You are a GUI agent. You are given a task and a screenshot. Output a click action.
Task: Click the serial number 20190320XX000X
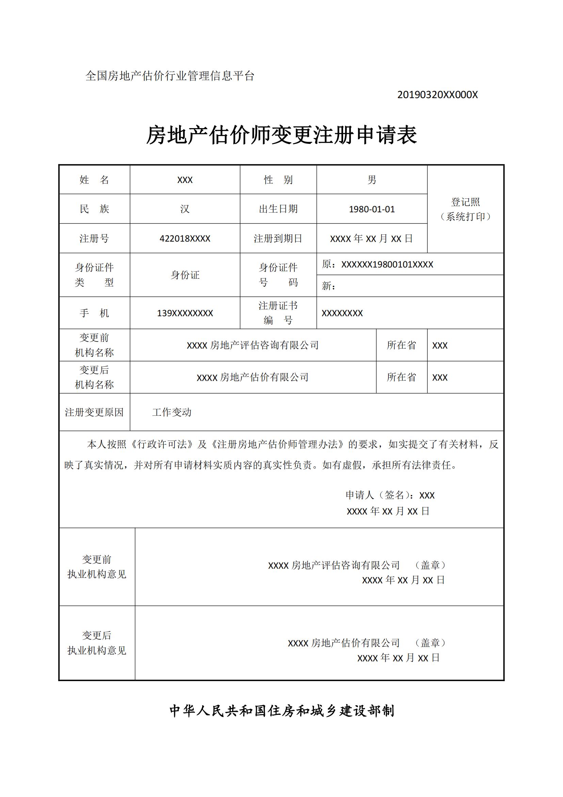[437, 95]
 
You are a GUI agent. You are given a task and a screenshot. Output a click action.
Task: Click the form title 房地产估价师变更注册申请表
[281, 135]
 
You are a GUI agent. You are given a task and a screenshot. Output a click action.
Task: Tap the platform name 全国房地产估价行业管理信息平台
[170, 76]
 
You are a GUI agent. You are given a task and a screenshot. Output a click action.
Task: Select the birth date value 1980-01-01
[372, 209]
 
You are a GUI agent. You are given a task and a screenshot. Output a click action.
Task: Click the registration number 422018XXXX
[185, 239]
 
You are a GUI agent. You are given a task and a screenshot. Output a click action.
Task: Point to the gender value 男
[372, 180]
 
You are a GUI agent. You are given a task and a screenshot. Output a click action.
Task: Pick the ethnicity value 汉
[185, 209]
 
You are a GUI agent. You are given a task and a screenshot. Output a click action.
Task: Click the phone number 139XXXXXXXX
[185, 313]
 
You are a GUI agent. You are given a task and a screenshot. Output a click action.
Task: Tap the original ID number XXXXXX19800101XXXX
[387, 264]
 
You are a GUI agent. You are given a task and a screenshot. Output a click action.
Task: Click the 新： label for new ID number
[328, 286]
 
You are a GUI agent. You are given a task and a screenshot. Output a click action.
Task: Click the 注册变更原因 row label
[94, 412]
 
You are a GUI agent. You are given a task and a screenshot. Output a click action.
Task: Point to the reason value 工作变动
[172, 412]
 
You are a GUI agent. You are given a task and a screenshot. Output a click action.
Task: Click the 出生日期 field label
[278, 209]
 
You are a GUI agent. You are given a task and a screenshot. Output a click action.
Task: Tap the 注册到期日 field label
[278, 239]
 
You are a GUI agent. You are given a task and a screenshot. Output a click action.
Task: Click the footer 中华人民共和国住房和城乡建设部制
[281, 711]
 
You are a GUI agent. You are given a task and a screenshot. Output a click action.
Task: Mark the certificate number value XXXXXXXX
[342, 313]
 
